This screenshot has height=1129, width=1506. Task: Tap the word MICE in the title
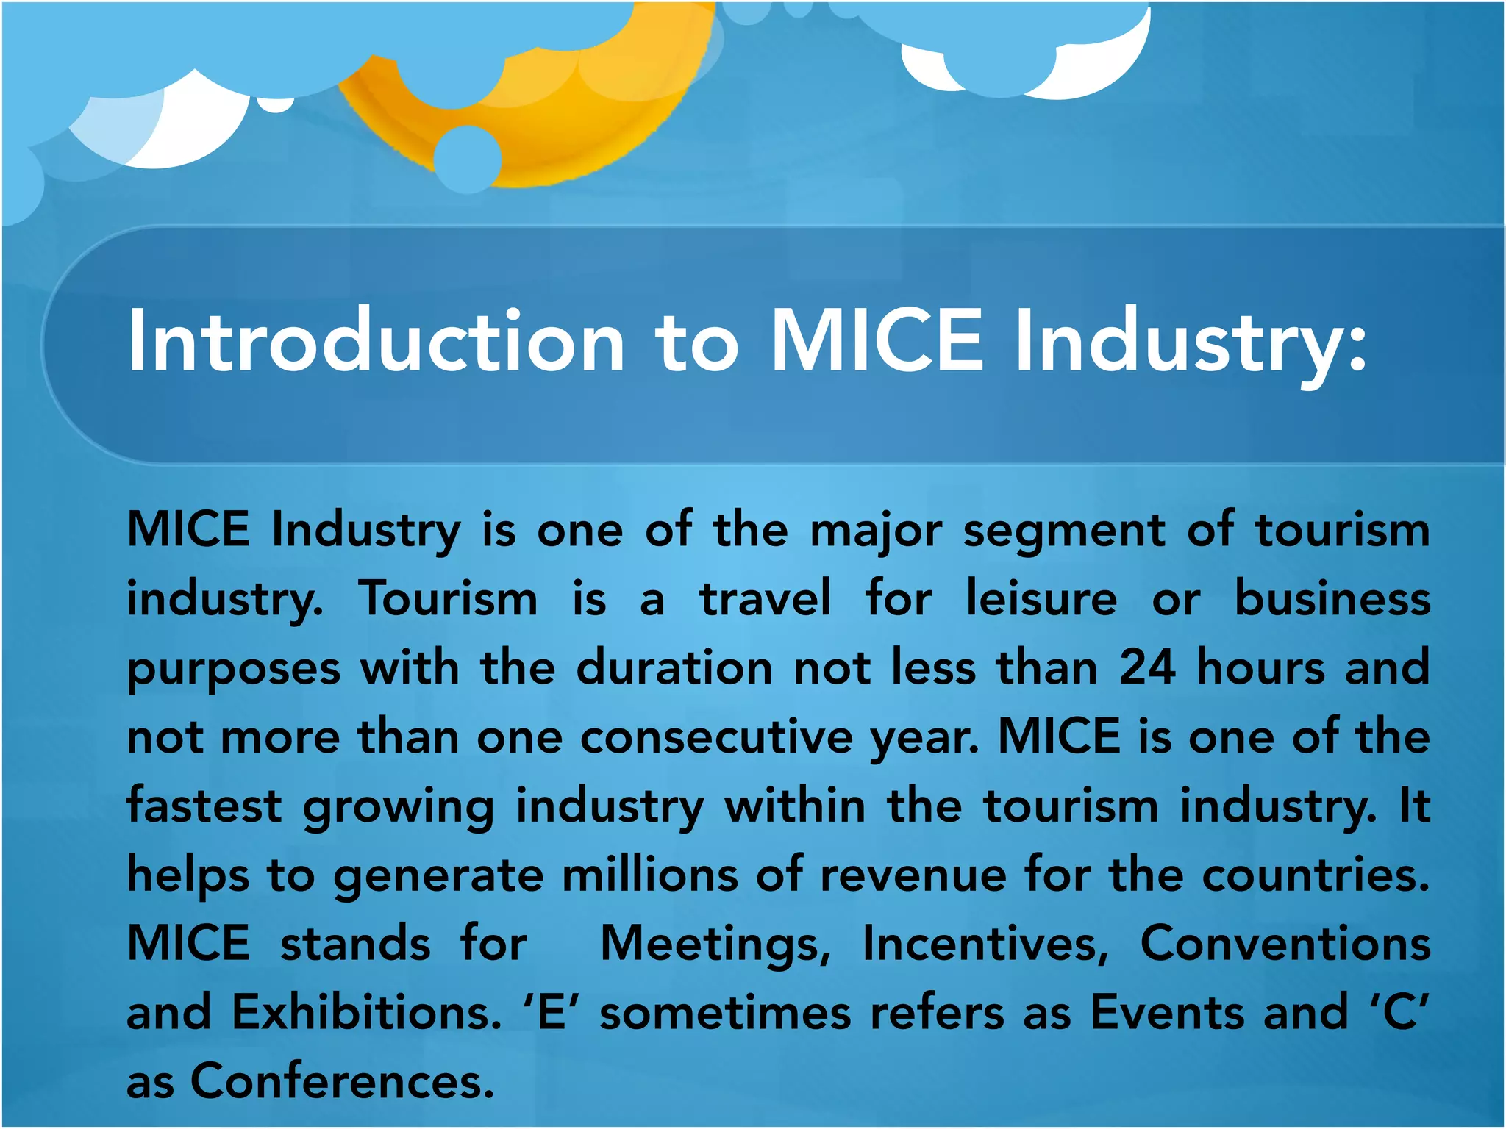[877, 340]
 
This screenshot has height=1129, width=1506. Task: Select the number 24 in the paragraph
[1147, 667]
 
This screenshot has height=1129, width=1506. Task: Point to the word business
[1332, 598]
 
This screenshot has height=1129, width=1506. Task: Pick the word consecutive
[716, 736]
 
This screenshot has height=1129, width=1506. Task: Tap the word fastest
[204, 806]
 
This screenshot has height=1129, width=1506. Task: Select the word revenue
[913, 875]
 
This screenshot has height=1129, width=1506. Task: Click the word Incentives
[985, 944]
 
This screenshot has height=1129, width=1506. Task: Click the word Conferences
[342, 1082]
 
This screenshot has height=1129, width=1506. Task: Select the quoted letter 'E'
[552, 1013]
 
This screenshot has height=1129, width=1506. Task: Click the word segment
[1064, 529]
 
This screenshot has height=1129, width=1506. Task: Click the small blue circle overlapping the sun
[468, 158]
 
